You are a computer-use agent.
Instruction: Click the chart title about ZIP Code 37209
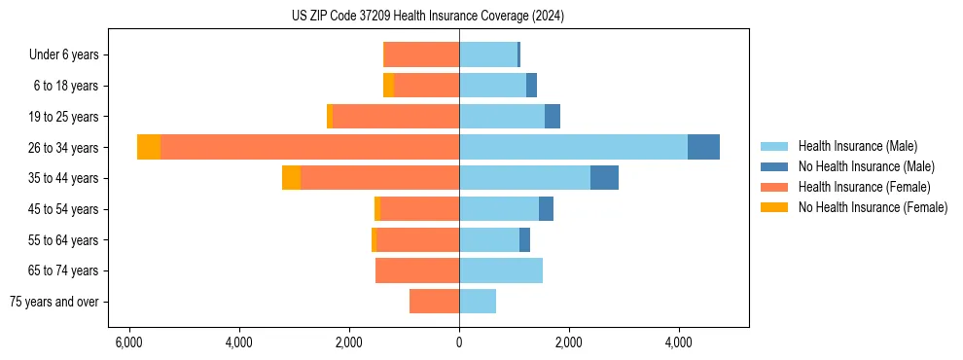coord(427,16)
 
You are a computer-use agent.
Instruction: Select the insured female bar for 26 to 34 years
coord(309,147)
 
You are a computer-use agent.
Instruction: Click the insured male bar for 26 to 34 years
coord(573,147)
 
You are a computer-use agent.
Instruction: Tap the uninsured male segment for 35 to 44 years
coord(604,178)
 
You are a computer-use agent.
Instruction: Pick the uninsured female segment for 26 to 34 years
coord(149,147)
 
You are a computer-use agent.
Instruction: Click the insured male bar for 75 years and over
coord(478,302)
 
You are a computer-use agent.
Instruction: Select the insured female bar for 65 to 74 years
coord(417,270)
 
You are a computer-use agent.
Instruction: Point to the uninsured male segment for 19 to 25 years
coord(553,117)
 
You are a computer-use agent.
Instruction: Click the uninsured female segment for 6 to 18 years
coord(388,86)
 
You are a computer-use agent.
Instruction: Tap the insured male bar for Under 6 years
coord(488,54)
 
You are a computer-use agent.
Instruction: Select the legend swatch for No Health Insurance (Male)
coord(774,166)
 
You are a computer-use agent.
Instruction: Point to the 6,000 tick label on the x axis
coord(128,342)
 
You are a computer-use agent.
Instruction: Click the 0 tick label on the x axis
coord(459,342)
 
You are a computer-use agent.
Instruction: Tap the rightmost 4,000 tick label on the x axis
coord(678,342)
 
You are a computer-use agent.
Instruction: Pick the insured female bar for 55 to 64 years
coord(417,239)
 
